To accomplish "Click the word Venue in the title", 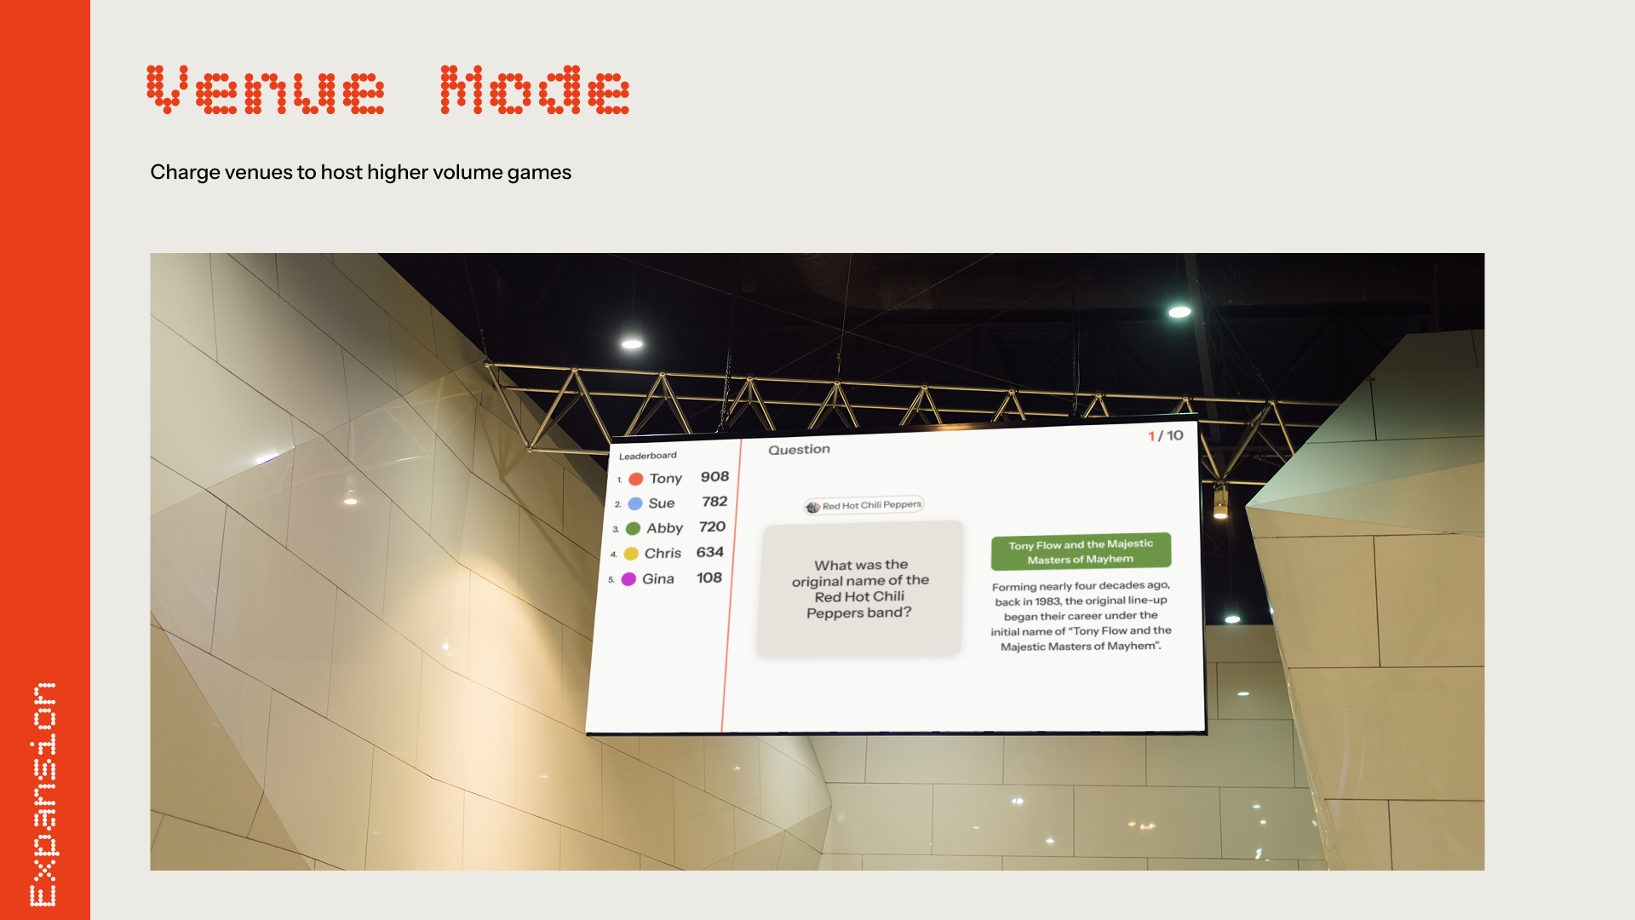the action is (x=265, y=89).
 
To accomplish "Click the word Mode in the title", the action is (x=535, y=89).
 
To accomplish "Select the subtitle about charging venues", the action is (x=360, y=172).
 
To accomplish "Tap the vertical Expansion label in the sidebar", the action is (x=43, y=794).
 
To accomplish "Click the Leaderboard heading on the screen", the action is (x=648, y=456).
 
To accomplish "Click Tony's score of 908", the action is (x=714, y=477).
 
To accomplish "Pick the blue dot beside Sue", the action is (x=635, y=504).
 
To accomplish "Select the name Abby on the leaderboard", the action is (x=664, y=528).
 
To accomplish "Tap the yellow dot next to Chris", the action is (x=631, y=554).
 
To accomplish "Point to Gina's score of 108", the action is (x=709, y=578).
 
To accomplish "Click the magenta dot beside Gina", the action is (x=628, y=579).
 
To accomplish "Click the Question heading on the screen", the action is (x=799, y=450).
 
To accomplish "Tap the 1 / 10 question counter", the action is (x=1165, y=436).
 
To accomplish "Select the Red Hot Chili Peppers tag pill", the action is (x=863, y=505).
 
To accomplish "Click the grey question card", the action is (x=860, y=589).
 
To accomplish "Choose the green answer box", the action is (x=1081, y=552).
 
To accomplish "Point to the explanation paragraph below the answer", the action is (x=1081, y=616).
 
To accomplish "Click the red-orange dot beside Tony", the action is (x=636, y=480).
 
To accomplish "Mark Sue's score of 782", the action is (x=714, y=502).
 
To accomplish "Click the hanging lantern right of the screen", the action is (x=1220, y=502).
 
